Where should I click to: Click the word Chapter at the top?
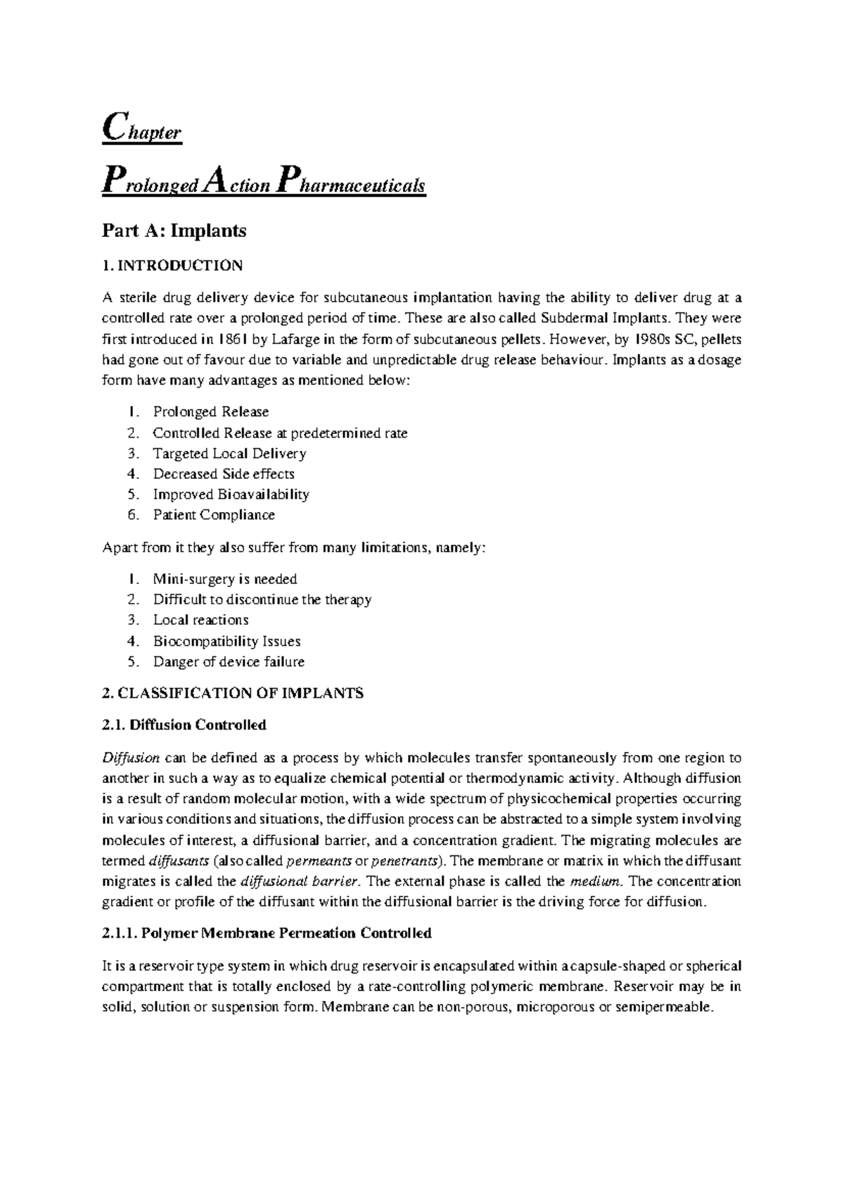click(x=142, y=130)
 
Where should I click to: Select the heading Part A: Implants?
click(x=174, y=230)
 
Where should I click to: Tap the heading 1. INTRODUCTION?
click(x=172, y=266)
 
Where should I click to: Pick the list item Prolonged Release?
click(x=210, y=412)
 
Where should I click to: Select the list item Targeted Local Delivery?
click(x=229, y=453)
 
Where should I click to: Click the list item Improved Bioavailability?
click(x=231, y=495)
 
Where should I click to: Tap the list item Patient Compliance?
click(x=214, y=515)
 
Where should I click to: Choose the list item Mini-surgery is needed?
click(x=225, y=579)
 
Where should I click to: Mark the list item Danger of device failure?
click(x=229, y=662)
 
